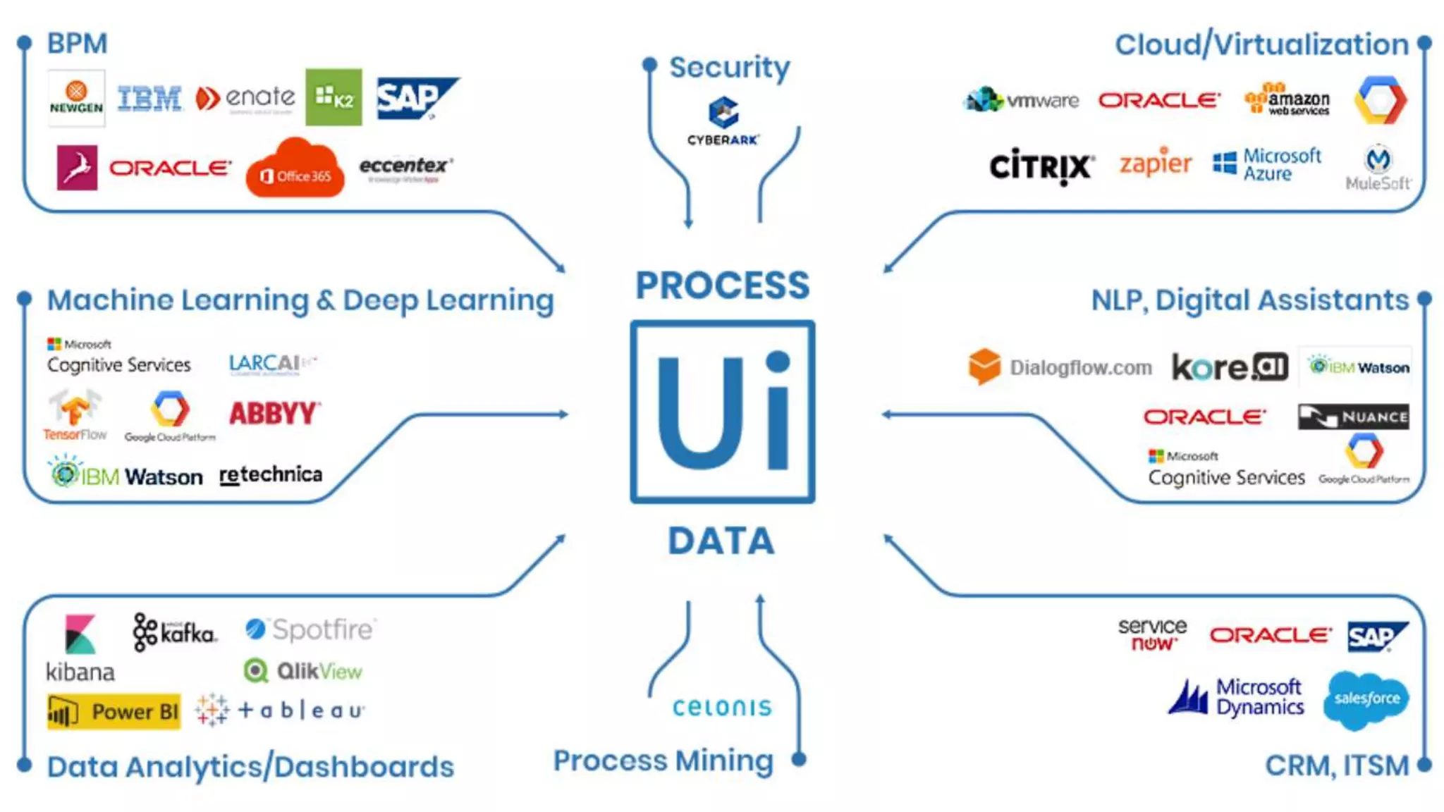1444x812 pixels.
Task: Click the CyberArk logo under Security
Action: click(723, 122)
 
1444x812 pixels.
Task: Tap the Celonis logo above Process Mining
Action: click(722, 707)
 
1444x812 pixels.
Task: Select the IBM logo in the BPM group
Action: click(149, 99)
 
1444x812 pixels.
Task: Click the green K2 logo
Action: click(334, 97)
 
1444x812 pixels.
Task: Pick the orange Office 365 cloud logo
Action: click(295, 169)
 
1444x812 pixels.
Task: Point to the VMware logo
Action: click(1022, 101)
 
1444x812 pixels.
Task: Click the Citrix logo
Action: click(1041, 166)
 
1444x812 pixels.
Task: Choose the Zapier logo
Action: click(1155, 164)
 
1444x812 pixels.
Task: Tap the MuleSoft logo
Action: click(1378, 168)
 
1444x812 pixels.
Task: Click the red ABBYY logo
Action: click(275, 413)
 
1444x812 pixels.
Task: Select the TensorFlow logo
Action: click(75, 415)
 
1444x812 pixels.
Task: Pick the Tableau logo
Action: click(282, 710)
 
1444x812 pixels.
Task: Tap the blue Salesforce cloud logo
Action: click(1366, 699)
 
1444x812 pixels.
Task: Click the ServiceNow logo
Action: click(1152, 634)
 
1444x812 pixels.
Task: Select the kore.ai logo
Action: click(1230, 367)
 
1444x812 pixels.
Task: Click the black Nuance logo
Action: click(1353, 417)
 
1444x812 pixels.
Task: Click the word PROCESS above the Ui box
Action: click(723, 285)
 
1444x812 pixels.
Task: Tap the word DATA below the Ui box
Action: click(721, 541)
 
